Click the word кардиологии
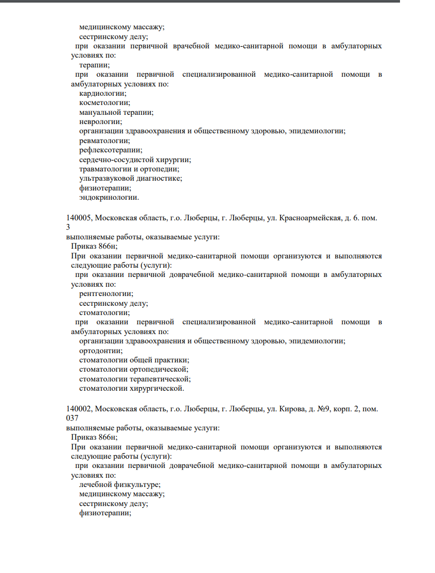point(102,94)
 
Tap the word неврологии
point(100,122)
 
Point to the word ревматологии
point(104,141)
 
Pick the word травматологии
point(106,169)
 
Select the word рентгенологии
point(106,293)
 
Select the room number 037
point(73,418)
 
